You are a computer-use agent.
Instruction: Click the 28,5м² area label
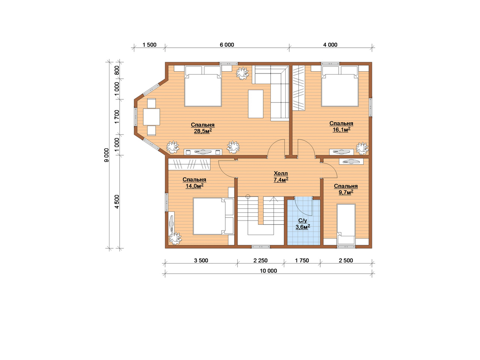(x=203, y=131)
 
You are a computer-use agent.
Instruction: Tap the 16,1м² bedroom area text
(x=341, y=130)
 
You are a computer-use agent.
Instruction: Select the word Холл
(x=281, y=173)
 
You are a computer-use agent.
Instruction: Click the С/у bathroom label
(x=303, y=221)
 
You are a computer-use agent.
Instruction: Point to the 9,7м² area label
(x=346, y=192)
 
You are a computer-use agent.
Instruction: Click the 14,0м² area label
(x=195, y=186)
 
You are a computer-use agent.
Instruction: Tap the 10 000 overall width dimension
(x=268, y=271)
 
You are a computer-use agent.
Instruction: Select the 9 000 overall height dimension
(x=106, y=155)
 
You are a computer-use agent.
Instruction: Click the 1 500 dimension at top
(x=150, y=45)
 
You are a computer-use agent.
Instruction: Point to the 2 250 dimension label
(x=261, y=260)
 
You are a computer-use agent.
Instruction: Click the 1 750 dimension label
(x=302, y=260)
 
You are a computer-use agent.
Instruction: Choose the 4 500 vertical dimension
(x=117, y=201)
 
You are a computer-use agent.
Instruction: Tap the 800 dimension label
(x=117, y=70)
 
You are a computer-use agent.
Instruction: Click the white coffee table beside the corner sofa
(x=255, y=104)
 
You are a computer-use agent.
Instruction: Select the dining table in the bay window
(x=151, y=117)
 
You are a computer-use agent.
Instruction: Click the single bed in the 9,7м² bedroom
(x=346, y=224)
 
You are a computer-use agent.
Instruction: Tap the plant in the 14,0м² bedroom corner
(x=175, y=238)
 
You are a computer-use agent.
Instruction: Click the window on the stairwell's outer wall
(x=261, y=247)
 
